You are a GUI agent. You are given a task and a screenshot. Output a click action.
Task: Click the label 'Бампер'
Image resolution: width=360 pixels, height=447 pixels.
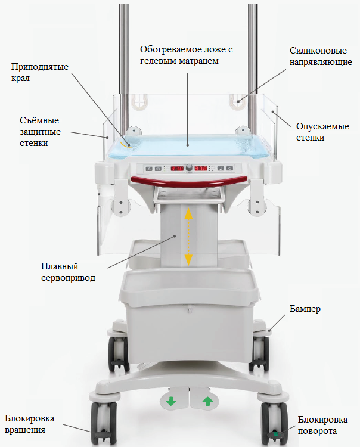305,309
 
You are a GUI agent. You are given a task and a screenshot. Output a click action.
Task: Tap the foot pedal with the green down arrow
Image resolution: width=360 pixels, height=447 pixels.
172,402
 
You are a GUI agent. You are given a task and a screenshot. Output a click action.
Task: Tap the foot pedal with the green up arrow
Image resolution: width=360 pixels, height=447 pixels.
207,402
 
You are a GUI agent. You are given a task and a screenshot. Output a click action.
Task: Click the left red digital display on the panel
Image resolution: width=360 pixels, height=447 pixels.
177,169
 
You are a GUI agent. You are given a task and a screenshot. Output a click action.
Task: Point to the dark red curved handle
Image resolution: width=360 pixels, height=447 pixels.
189,180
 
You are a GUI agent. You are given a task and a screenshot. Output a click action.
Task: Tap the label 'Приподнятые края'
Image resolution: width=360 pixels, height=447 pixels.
34,72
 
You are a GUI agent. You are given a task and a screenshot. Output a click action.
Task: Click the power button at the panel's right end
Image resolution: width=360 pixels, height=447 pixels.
229,169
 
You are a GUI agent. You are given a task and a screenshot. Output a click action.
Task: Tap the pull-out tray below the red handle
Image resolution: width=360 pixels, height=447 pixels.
189,194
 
